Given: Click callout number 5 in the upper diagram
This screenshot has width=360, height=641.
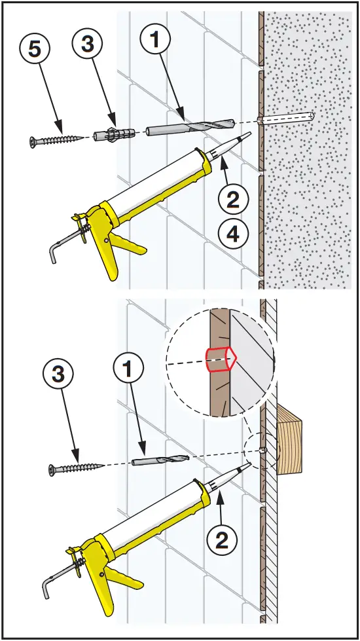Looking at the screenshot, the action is click(x=34, y=50).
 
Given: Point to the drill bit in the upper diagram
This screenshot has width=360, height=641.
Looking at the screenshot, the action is click(x=190, y=126).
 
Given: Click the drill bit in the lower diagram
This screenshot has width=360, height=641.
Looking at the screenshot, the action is click(x=160, y=460).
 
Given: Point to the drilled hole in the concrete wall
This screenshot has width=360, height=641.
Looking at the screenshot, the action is click(x=286, y=117).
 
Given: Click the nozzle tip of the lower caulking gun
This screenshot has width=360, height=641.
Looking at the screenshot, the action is click(x=249, y=466).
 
